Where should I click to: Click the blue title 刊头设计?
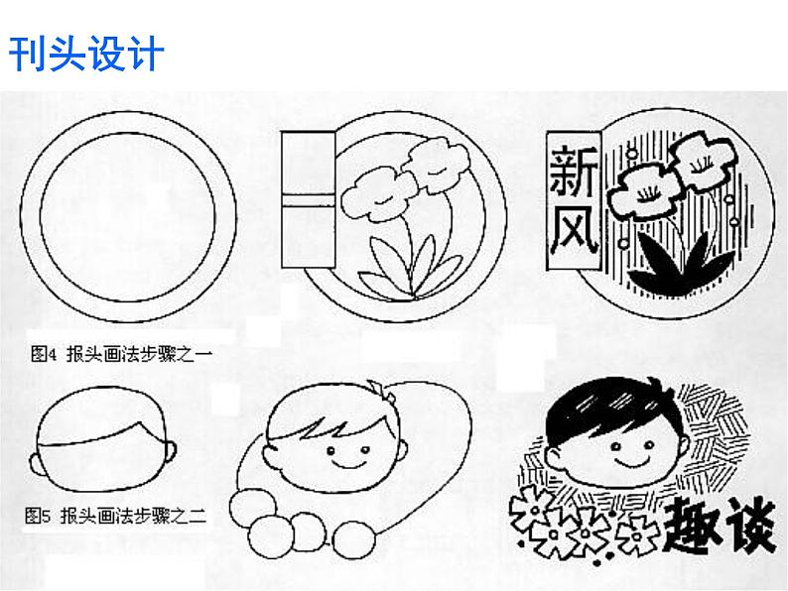(86, 54)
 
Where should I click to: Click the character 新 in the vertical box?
(574, 171)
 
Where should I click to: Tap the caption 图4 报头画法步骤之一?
(121, 354)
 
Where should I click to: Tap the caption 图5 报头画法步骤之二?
(115, 516)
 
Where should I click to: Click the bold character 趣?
(691, 526)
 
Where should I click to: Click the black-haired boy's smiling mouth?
(632, 461)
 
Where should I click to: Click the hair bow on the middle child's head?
(382, 390)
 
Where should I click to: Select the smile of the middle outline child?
(348, 463)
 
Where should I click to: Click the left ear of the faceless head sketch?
(38, 464)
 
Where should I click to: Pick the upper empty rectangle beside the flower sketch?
(308, 163)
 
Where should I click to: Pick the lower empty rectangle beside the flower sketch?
(308, 237)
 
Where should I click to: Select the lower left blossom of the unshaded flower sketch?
(378, 194)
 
